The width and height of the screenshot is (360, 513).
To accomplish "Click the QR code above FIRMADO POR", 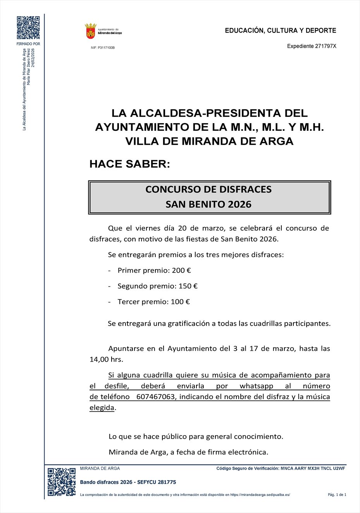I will click(x=28, y=27).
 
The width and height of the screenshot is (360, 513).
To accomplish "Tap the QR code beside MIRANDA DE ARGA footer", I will click(x=61, y=482).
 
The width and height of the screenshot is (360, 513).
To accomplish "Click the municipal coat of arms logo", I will click(x=91, y=31).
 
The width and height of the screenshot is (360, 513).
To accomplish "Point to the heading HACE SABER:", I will click(x=130, y=164).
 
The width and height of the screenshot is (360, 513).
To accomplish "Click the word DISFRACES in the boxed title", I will click(x=240, y=189).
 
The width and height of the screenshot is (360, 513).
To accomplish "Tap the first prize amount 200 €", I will click(x=181, y=270).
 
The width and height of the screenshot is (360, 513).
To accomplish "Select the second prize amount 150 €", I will click(x=188, y=286).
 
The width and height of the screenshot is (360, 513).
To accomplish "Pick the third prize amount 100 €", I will click(x=180, y=302).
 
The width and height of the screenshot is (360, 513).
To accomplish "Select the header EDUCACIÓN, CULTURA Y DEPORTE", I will click(x=281, y=31).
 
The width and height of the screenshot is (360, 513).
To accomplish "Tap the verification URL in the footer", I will click(x=260, y=495).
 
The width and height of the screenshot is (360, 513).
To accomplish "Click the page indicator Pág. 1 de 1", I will click(x=337, y=495).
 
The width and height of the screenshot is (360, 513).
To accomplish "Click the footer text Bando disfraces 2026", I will click(x=106, y=482).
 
